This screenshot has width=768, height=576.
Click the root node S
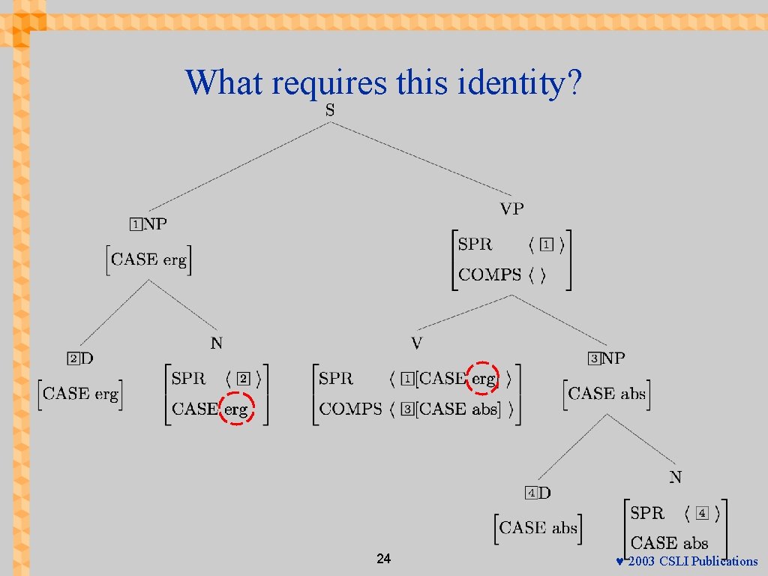point(330,110)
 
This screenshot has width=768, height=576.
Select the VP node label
point(512,208)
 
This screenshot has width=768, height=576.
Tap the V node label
point(417,343)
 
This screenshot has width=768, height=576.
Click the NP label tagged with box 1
point(155,223)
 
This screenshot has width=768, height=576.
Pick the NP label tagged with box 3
point(613,358)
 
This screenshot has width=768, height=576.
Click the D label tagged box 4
point(544,493)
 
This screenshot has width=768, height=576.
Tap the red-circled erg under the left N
point(236,409)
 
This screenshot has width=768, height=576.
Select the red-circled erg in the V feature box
point(483,379)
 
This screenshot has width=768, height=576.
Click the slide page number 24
point(383,559)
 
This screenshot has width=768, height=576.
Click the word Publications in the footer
point(724,562)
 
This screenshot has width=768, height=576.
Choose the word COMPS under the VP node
point(489,275)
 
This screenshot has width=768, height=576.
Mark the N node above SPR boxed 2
point(216,343)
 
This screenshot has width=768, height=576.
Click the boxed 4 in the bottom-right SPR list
point(701,514)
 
